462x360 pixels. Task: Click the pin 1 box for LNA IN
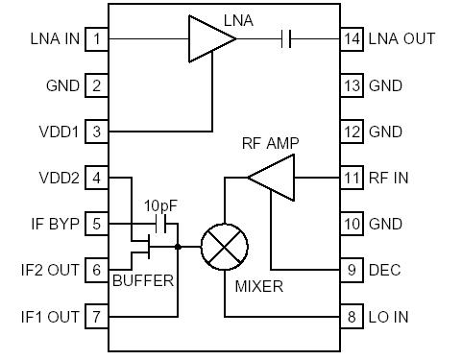[96, 39]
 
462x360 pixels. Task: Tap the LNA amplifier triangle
[209, 39]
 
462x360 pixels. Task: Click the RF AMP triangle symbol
[272, 178]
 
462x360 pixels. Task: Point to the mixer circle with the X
[224, 247]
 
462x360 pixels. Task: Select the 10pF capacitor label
[159, 206]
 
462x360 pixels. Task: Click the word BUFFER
[143, 281]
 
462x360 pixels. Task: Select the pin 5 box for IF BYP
[96, 224]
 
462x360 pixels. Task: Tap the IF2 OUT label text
[51, 270]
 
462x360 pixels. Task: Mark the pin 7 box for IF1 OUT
[96, 316]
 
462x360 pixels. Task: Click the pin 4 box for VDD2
[96, 178]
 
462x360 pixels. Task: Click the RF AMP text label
[270, 144]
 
